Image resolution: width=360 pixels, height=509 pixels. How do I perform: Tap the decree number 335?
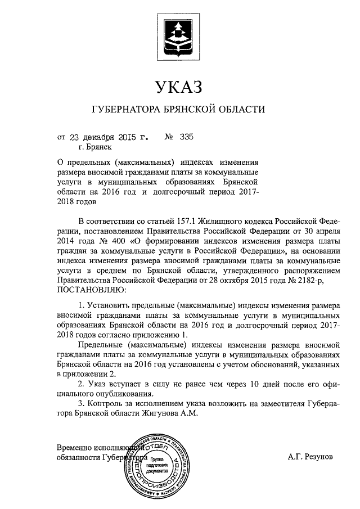coord(187,137)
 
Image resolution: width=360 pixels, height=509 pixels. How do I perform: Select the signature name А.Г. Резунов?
coord(310,457)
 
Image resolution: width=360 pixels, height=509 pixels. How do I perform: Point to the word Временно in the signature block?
coord(76,448)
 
